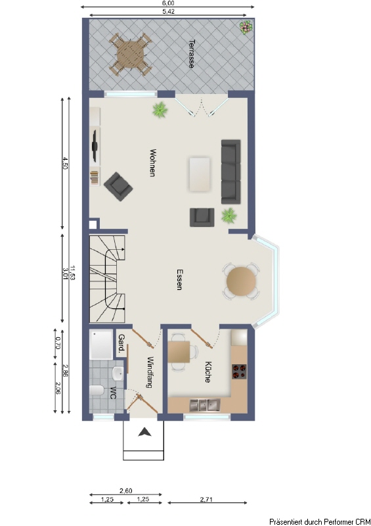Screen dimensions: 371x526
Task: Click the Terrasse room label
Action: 191,54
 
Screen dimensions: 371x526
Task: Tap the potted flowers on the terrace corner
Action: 246,27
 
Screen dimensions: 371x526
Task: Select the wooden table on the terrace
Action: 130,54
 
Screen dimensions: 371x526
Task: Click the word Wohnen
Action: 152,162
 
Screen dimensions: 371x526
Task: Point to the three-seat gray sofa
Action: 231,172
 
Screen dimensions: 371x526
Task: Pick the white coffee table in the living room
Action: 200,174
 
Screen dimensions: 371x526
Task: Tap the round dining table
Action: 241,281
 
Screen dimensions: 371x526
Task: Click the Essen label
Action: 180,279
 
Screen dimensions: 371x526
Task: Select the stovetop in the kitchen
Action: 239,371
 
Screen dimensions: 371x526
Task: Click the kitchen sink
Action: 204,405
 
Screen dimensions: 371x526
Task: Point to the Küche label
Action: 207,372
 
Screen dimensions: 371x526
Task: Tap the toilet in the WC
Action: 97,391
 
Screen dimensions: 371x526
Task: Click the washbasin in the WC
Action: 118,373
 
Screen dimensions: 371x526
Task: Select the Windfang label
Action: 150,372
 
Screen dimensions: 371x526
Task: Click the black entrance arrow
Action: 144,432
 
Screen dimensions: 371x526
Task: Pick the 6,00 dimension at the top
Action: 168,3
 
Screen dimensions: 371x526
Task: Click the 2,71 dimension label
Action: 206,499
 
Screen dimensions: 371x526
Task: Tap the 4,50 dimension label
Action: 65,163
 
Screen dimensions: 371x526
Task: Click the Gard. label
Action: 121,344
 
